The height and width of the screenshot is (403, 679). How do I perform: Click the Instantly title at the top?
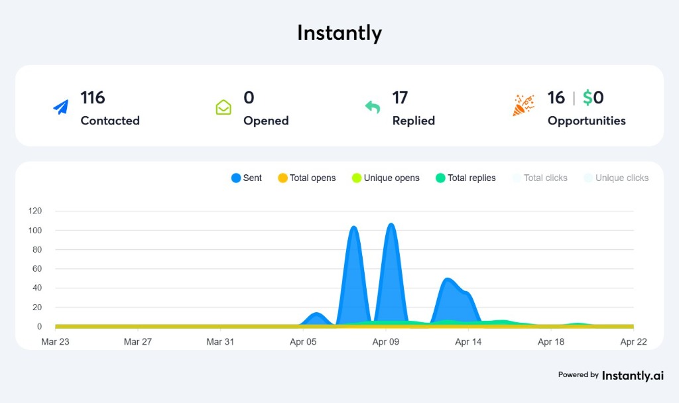point(339,33)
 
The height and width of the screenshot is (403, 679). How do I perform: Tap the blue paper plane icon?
point(61,107)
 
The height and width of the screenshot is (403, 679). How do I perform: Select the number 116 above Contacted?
point(93,97)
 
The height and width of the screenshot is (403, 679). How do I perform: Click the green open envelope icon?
point(223,107)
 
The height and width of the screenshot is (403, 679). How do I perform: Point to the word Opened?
point(266,121)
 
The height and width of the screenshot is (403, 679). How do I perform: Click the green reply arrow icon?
point(373,107)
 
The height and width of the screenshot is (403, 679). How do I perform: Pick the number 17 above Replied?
point(400,97)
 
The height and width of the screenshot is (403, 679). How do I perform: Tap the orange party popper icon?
point(523,105)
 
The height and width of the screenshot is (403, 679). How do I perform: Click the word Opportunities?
point(586,121)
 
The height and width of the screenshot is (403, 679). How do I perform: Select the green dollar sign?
point(587,97)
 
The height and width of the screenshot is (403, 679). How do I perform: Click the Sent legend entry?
point(247,178)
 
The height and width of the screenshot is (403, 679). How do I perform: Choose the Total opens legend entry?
point(306,178)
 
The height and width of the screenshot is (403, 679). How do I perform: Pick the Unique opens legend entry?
point(385,178)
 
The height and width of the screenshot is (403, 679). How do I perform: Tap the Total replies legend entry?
point(465,178)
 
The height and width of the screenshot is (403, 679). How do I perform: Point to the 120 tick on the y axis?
point(35,211)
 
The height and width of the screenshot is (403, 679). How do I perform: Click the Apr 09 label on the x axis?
point(385,342)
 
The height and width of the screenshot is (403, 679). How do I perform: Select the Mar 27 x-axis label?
point(137,342)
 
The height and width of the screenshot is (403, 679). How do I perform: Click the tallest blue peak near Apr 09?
point(391,225)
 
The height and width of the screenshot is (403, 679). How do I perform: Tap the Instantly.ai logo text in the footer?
point(632,375)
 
